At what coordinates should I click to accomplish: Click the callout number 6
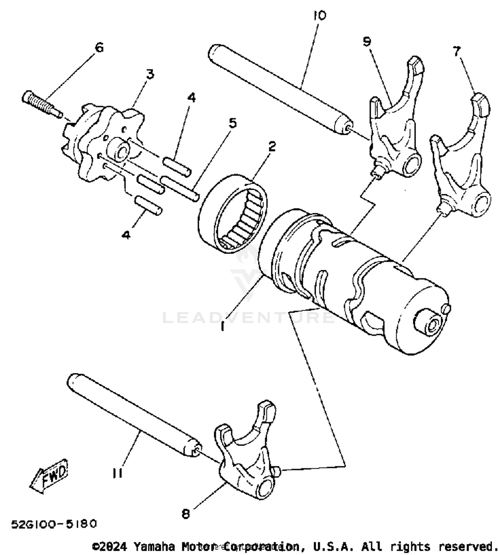[99, 47]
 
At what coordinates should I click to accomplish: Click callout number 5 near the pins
[233, 123]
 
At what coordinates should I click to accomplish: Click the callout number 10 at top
[319, 16]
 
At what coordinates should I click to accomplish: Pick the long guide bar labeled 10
[279, 90]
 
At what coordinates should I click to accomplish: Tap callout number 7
[457, 51]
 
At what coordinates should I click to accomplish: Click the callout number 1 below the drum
[223, 327]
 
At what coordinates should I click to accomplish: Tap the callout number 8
[186, 514]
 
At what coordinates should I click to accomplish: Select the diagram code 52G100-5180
[54, 524]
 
